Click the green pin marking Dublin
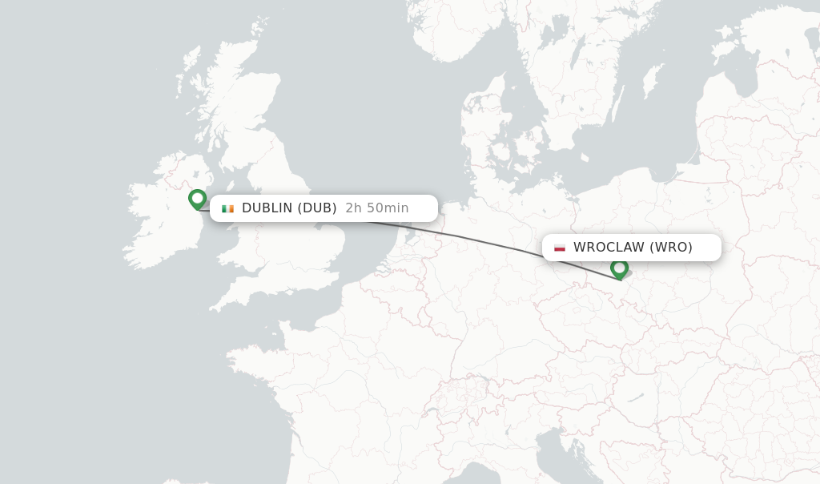point(197,198)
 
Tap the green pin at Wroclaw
point(619,268)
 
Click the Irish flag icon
point(228,208)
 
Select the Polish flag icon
point(560,248)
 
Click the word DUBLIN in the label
point(267,208)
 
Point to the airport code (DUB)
point(317,208)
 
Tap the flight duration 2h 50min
point(377,208)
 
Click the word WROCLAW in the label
point(609,248)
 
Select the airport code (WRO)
point(671,248)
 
